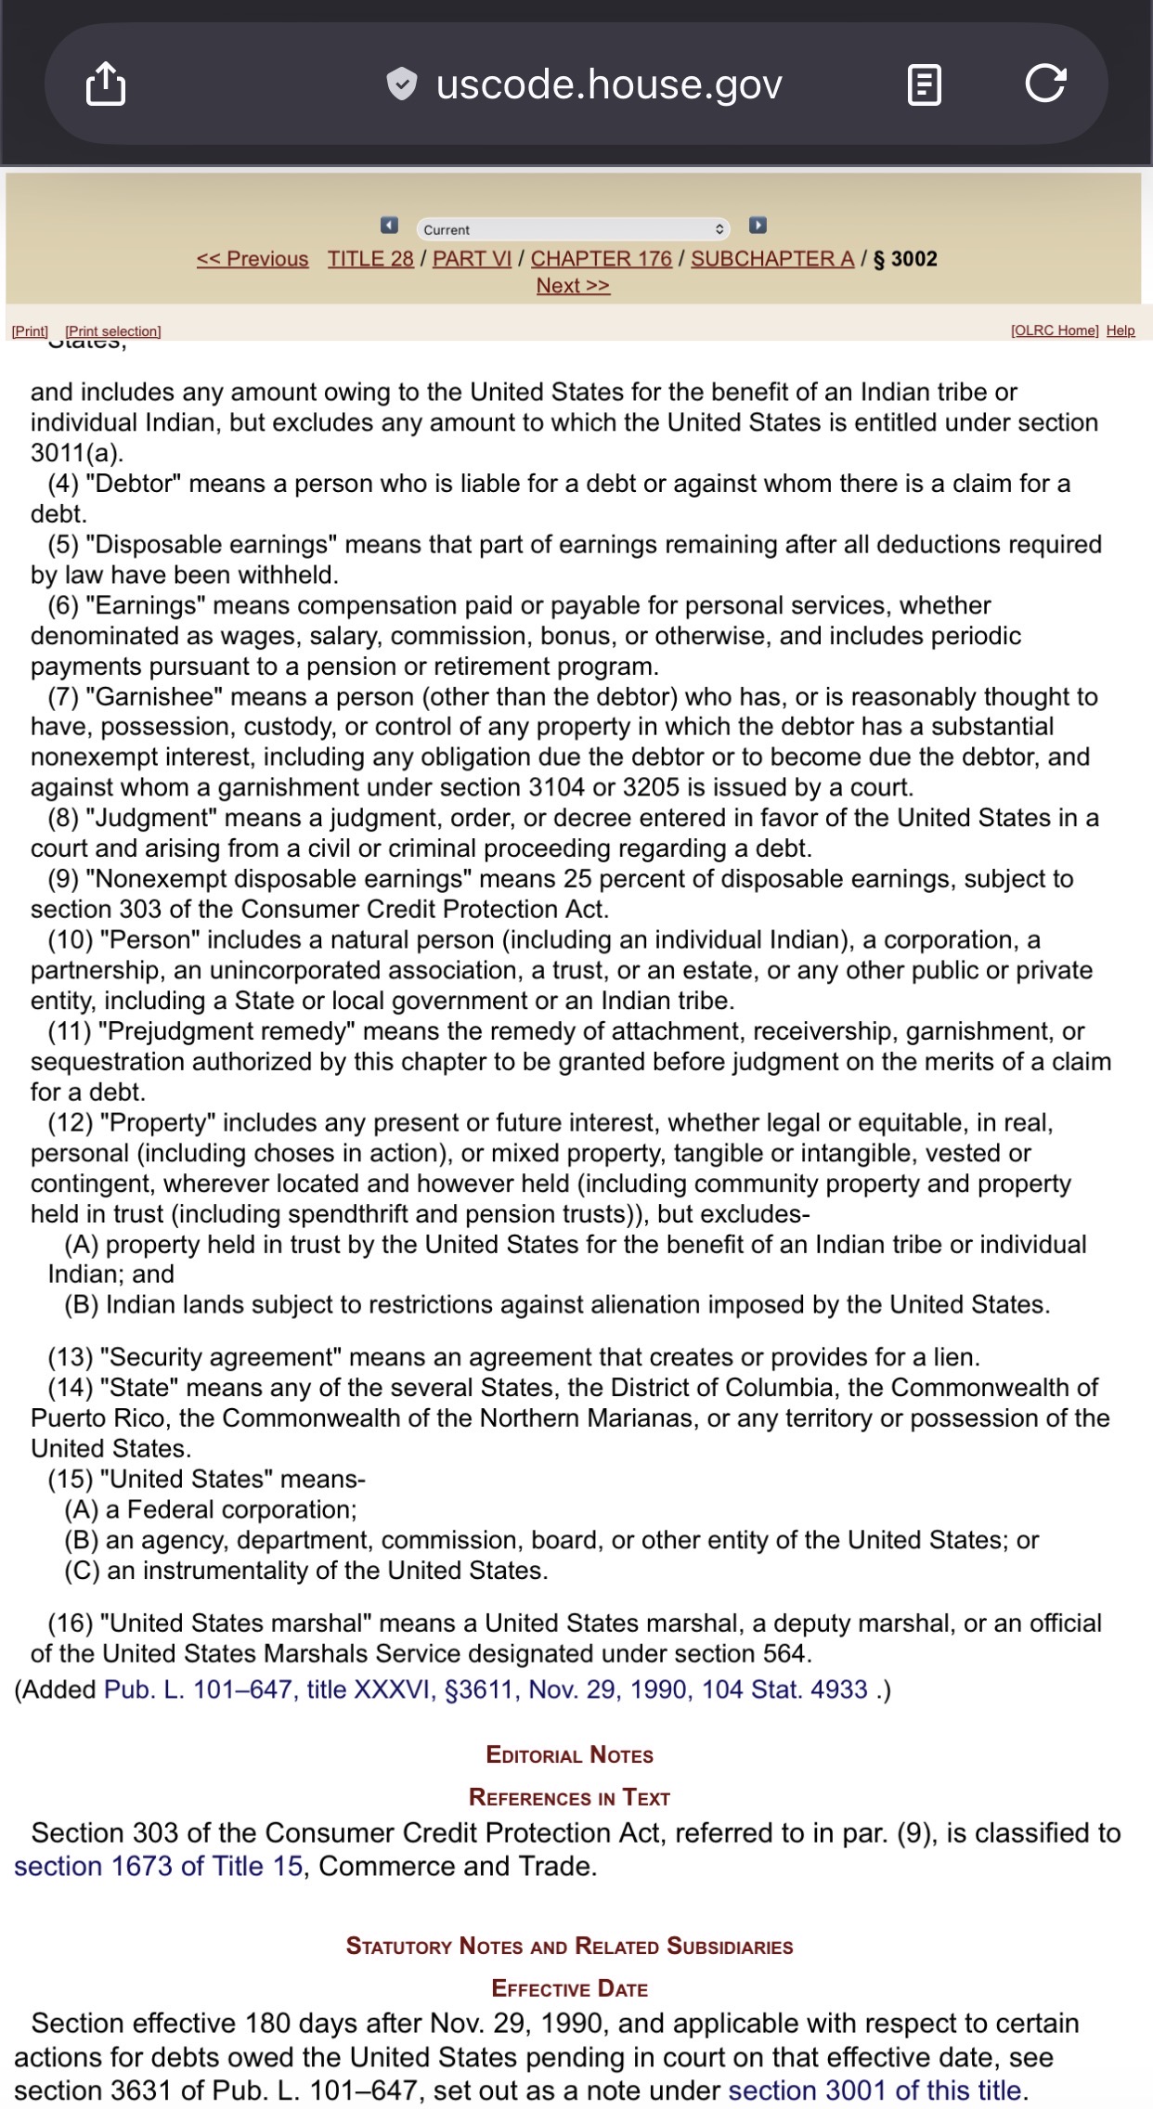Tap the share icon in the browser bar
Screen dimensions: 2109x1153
click(x=106, y=84)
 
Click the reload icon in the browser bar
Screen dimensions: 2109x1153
click(x=1045, y=84)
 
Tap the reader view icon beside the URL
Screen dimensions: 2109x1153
click(x=924, y=84)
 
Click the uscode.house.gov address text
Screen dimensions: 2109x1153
click(x=609, y=84)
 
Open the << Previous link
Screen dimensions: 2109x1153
click(x=253, y=259)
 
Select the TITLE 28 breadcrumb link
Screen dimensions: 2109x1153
click(x=370, y=259)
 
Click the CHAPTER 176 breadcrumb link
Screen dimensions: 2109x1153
click(x=601, y=259)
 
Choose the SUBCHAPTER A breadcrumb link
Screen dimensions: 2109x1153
click(x=772, y=259)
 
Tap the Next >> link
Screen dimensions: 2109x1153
click(x=573, y=286)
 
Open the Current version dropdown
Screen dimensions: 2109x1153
click(x=573, y=229)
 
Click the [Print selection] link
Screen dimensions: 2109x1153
click(x=113, y=331)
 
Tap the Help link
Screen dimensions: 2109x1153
click(x=1121, y=330)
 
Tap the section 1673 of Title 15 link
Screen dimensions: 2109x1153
click(x=158, y=1866)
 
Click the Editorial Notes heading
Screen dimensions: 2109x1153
click(x=570, y=1755)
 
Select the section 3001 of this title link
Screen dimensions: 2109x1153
click(x=877, y=2090)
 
